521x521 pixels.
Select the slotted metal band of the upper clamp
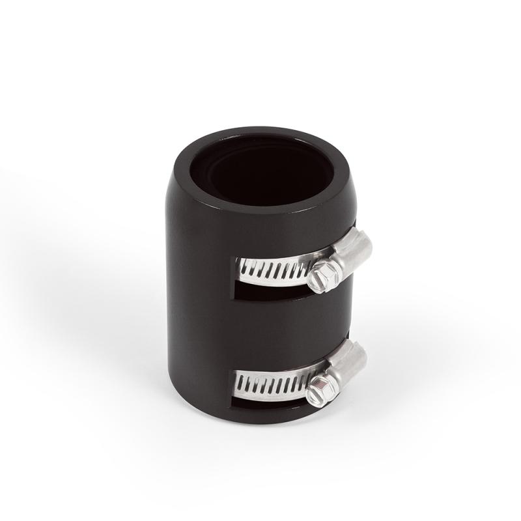click(274, 268)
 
